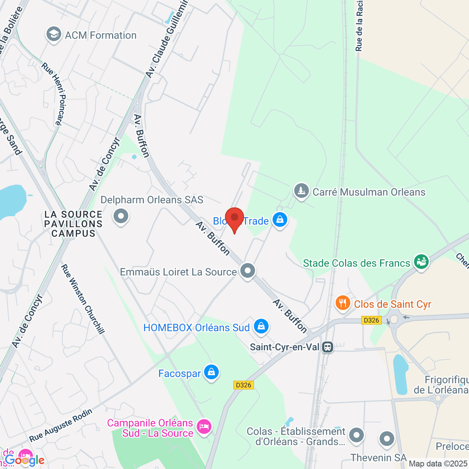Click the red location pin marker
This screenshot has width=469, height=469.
(234, 219)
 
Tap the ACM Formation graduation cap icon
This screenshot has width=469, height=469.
(54, 35)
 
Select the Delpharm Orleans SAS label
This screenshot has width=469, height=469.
(152, 200)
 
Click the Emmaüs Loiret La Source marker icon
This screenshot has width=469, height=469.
(247, 271)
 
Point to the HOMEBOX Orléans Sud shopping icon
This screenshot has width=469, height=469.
(261, 326)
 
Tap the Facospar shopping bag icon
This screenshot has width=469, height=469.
(211, 372)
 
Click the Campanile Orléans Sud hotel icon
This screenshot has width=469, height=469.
(204, 426)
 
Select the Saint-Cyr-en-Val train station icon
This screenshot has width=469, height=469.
(328, 347)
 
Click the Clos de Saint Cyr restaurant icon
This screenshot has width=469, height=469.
(343, 303)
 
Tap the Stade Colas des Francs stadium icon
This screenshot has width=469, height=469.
(421, 261)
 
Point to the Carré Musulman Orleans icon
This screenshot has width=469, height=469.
(301, 191)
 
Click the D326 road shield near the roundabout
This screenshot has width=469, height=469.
(371, 320)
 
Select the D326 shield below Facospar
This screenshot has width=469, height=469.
(243, 385)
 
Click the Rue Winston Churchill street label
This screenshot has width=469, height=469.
(83, 299)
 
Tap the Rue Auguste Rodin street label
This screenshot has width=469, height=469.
(61, 425)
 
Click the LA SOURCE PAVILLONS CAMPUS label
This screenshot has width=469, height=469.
(73, 224)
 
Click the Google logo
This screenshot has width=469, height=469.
(24, 460)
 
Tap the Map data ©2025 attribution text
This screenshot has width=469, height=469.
(438, 464)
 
